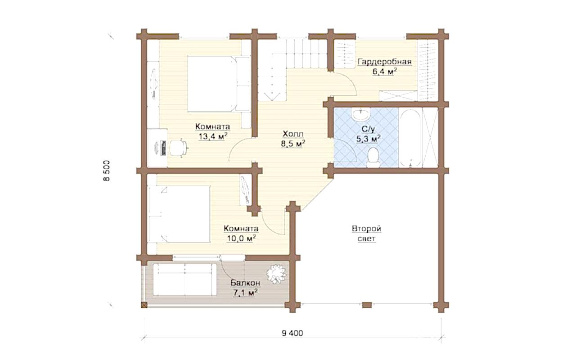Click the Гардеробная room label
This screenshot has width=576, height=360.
[385, 62]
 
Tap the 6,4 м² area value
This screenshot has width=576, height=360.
[384, 72]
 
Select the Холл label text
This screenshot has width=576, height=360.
[293, 134]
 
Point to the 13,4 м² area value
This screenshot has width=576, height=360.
[213, 136]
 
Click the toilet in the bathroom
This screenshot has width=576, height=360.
[373, 157]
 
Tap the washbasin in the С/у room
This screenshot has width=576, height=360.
[361, 114]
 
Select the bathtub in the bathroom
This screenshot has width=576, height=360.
[410, 138]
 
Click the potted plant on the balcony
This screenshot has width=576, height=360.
[276, 274]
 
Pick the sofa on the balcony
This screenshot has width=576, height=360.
[185, 279]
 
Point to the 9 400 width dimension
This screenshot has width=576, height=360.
[292, 333]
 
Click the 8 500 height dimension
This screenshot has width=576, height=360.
[107, 171]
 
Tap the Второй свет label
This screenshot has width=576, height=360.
[367, 234]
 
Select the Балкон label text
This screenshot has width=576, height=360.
[245, 283]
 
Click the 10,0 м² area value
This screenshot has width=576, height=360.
[241, 238]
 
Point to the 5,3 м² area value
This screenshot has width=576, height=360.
[369, 139]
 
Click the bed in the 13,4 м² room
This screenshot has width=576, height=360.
[219, 84]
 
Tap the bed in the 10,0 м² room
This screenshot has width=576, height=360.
[179, 214]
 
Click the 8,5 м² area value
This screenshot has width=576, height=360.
[293, 144]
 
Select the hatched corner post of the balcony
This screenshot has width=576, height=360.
[144, 305]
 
